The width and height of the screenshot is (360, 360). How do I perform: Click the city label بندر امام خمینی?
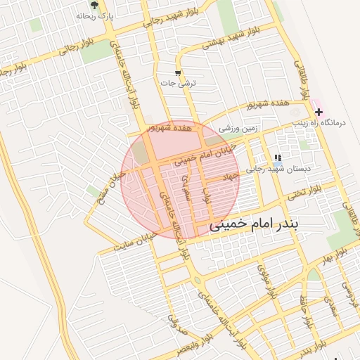pyautogui.click(x=255, y=224)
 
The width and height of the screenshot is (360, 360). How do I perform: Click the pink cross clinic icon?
pyautogui.click(x=319, y=111)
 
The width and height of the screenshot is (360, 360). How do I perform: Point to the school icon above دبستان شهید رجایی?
pyautogui.click(x=278, y=157)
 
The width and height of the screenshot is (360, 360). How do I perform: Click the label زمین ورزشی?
pyautogui.click(x=239, y=129)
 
